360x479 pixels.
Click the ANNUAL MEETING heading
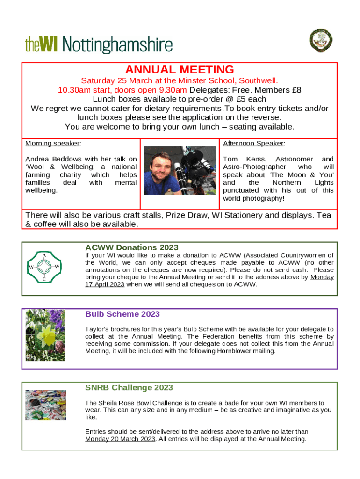tap(180, 70)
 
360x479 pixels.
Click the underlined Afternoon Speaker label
tap(254, 143)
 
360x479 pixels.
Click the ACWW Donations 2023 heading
tap(131, 247)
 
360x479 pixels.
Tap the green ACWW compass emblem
tap(44, 267)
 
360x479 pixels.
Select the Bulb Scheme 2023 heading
tap(122, 314)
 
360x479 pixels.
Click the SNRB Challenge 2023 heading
tap(129, 388)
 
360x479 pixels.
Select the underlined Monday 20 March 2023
tap(120, 439)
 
